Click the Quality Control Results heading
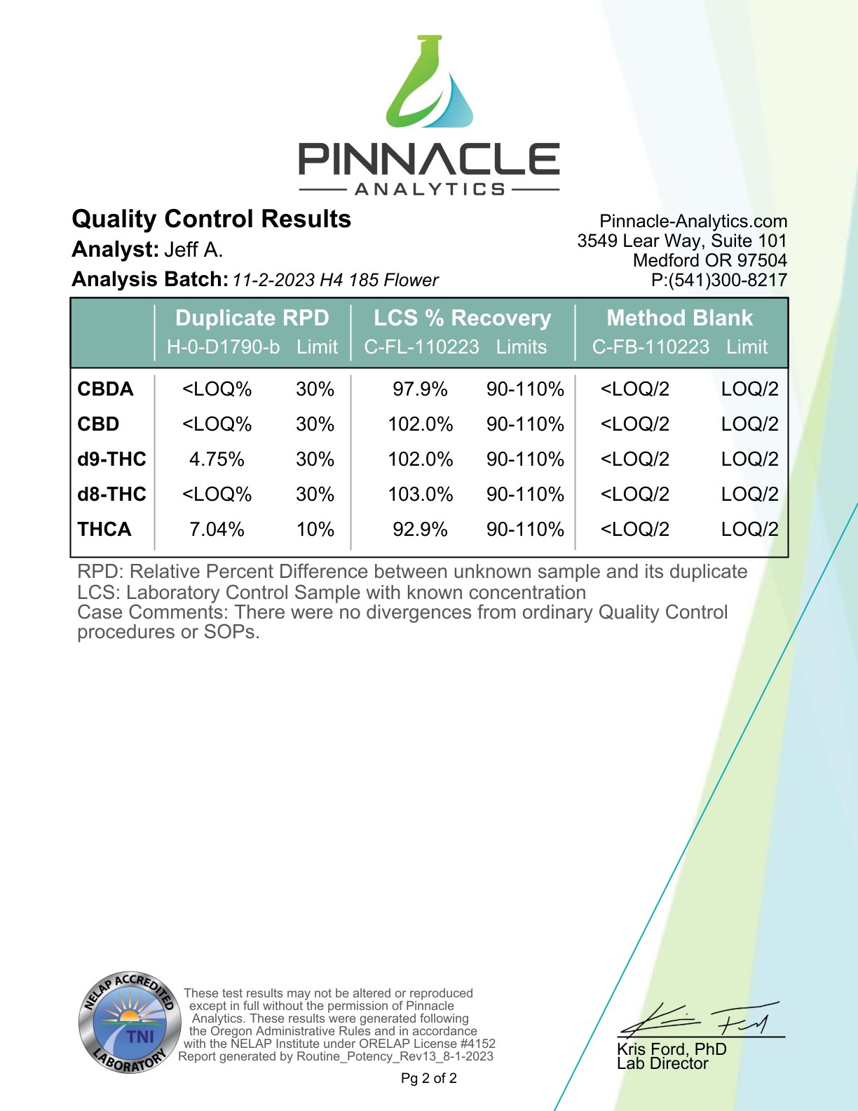click(211, 219)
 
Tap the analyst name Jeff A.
click(193, 250)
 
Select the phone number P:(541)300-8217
click(719, 280)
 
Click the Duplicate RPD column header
click(252, 318)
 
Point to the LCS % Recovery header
click(462, 318)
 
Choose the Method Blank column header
click(679, 318)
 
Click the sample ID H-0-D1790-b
click(223, 346)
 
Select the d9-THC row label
click(111, 459)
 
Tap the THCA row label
click(104, 529)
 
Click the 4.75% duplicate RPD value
click(217, 459)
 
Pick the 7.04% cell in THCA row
click(217, 529)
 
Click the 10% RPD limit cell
click(315, 529)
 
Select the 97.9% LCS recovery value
click(420, 389)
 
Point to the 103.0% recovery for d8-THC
click(421, 494)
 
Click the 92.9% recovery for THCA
click(420, 529)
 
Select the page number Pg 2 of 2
click(429, 1078)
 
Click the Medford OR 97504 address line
click(709, 260)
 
